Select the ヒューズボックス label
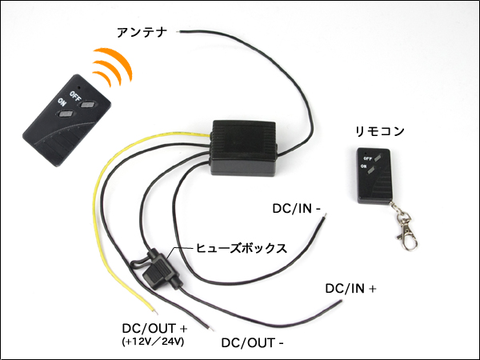click(242, 248)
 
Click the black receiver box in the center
click(243, 147)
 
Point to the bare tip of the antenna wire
click(182, 31)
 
